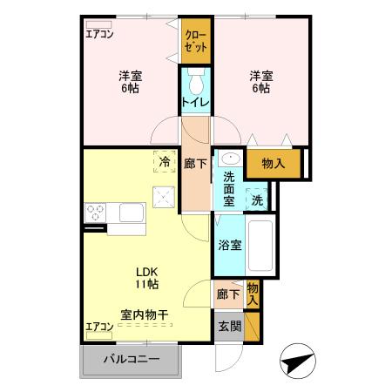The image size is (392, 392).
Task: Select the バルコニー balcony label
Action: click(132, 359)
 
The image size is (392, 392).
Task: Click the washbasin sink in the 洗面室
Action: click(230, 159)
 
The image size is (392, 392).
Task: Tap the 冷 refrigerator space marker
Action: click(165, 161)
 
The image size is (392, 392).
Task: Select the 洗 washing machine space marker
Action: click(257, 199)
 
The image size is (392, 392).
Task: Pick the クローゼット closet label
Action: click(196, 41)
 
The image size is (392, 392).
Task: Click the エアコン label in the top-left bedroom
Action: click(99, 35)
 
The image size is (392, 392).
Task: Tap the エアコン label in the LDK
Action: click(99, 327)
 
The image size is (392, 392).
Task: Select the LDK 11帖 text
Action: click(145, 277)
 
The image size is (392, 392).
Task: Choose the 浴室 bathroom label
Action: click(230, 245)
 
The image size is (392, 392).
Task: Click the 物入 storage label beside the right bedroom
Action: click(274, 162)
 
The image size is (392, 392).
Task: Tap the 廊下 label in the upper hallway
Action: click(196, 162)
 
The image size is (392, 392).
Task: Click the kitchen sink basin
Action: click(131, 213)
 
